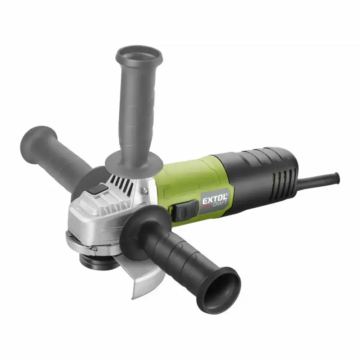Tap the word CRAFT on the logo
point(220,204)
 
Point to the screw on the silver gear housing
point(144,189)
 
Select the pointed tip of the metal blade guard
point(133,298)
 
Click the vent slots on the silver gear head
point(121,183)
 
